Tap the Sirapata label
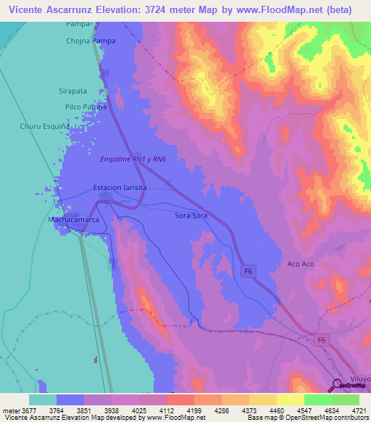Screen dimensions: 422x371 [72, 91]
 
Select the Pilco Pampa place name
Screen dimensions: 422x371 [85, 107]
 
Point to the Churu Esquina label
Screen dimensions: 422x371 [44, 125]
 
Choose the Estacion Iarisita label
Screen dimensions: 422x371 [120, 187]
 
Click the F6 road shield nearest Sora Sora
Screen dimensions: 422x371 [249, 271]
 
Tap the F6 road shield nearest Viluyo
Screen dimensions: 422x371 [322, 339]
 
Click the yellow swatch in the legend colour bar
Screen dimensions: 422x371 [290, 400]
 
